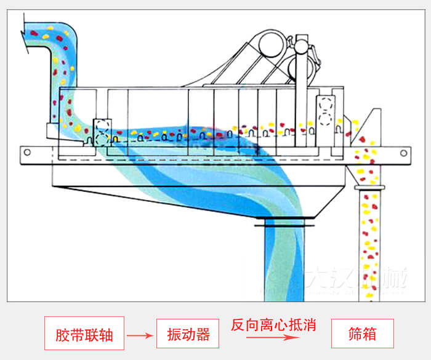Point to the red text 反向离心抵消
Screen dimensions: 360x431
[x=273, y=325]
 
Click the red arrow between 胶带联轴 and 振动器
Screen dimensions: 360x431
[x=139, y=335]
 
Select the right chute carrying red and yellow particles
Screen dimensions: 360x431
[x=370, y=240]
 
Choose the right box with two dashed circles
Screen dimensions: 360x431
[x=325, y=111]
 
